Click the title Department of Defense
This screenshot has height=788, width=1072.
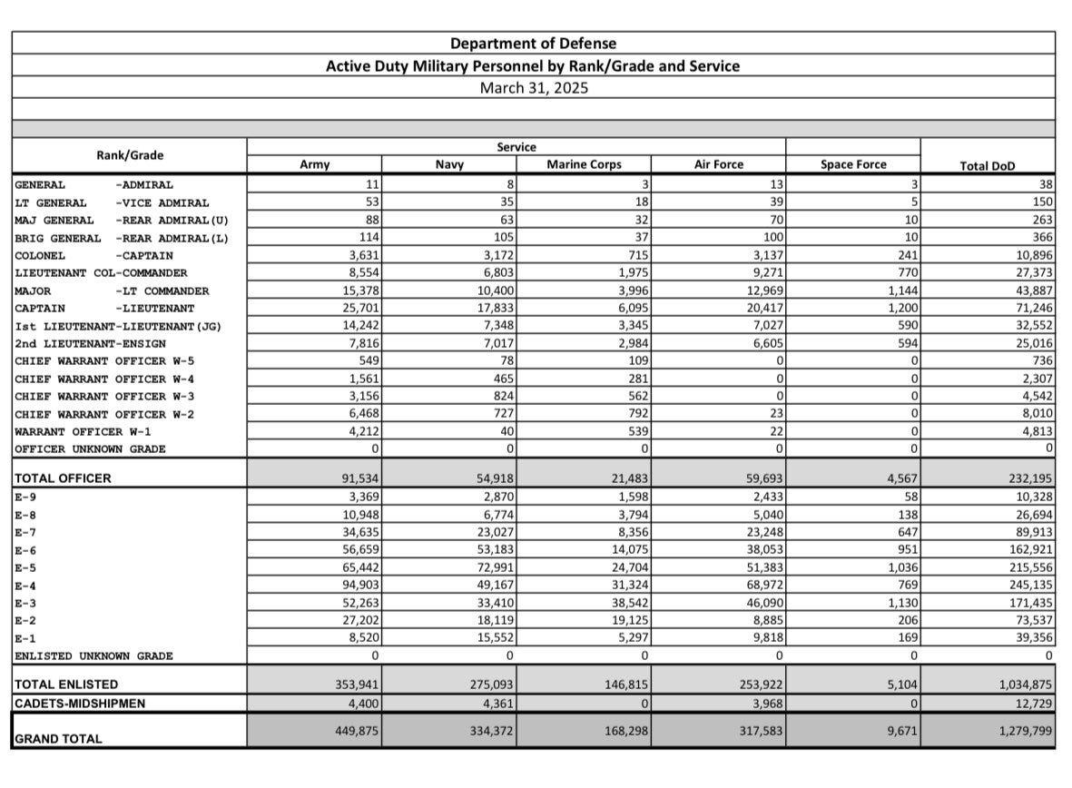[x=533, y=44]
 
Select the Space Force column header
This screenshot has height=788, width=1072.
[x=853, y=164]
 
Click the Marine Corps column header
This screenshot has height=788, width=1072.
[x=584, y=164]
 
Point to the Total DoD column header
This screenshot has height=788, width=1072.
[x=988, y=166]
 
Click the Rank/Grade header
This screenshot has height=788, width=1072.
[x=130, y=155]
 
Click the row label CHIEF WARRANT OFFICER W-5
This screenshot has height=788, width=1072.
[x=103, y=361]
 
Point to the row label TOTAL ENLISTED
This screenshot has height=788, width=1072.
[x=66, y=685]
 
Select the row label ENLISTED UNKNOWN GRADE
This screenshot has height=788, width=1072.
[x=93, y=655]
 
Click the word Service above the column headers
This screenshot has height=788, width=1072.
[x=516, y=147]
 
